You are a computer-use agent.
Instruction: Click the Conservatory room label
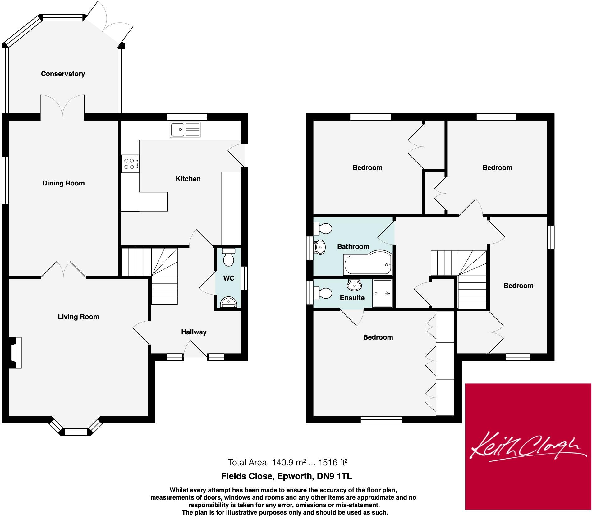click(63, 74)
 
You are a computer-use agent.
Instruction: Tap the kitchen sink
click(185, 130)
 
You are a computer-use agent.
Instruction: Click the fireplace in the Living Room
click(16, 353)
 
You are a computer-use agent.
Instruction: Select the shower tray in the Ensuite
click(383, 293)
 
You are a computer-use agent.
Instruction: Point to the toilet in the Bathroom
click(323, 229)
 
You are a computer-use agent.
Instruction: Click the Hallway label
click(194, 332)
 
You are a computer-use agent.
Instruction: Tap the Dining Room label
click(63, 183)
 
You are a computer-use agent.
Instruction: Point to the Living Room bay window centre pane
click(76, 432)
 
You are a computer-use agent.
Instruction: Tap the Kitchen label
click(188, 179)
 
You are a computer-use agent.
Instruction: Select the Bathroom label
click(353, 247)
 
